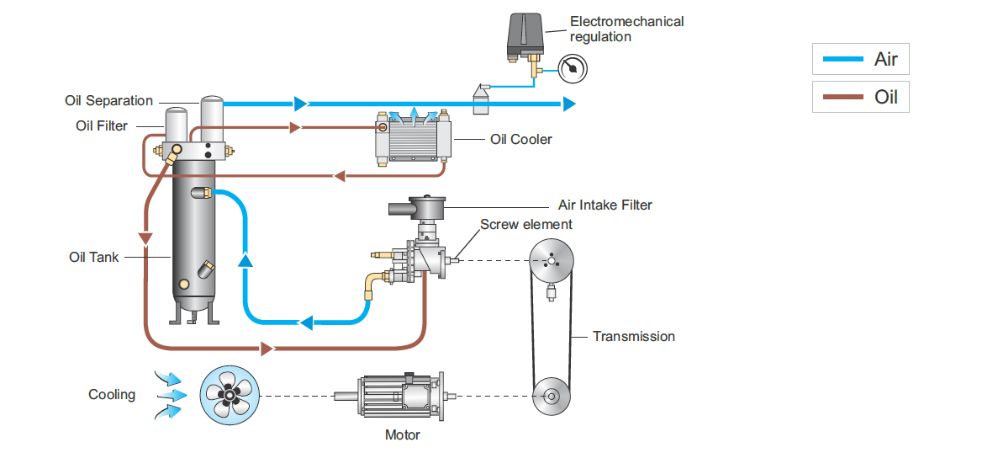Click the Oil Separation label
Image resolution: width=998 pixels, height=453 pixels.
(108, 101)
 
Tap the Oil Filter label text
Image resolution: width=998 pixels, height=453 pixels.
(102, 126)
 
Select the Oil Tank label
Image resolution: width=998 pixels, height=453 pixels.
(93, 257)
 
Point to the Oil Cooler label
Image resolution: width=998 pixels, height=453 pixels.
(521, 139)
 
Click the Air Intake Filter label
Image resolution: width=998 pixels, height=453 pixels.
(605, 205)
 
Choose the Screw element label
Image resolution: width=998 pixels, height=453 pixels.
(525, 225)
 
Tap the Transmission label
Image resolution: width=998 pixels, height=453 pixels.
(633, 336)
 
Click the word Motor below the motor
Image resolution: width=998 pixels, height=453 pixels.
(402, 435)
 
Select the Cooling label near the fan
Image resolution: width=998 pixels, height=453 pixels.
(112, 394)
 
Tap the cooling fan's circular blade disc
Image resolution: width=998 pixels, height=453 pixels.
(229, 394)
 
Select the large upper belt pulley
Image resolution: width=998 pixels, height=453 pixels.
(551, 262)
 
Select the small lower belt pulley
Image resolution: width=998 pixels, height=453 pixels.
(551, 395)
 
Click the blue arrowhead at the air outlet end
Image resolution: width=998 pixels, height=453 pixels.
(569, 104)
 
